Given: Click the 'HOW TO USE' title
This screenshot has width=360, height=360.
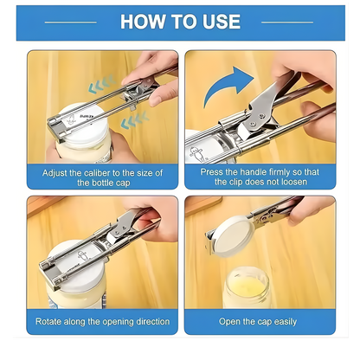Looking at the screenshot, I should point(180,22).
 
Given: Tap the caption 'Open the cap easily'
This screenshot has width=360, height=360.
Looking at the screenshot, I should point(259,321).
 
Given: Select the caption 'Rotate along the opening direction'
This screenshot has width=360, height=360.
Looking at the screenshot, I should point(102,321).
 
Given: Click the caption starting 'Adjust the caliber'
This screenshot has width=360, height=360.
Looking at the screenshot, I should point(102,177).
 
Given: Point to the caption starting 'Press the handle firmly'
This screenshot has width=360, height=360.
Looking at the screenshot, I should point(259,177).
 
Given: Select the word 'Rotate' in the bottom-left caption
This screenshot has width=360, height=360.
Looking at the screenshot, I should point(51,321).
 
